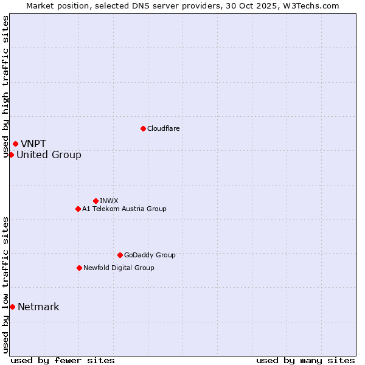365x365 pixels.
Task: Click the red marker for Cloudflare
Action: pos(143,128)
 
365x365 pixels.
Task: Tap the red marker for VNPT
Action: pos(15,144)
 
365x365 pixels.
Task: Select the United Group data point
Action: pos(11,155)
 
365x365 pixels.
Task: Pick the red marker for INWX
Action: pos(96,201)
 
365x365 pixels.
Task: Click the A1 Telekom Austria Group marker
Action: pos(78,209)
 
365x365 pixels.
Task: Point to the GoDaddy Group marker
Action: pos(120,255)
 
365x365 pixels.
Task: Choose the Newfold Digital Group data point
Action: pos(79,268)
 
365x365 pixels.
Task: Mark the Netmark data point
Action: pos(12,307)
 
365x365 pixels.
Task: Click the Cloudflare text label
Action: pos(163,128)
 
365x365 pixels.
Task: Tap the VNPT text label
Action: pos(33,144)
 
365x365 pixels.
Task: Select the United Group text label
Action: pos(49,155)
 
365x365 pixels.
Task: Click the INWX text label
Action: pos(109,201)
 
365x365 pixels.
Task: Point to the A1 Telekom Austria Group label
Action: pos(124,209)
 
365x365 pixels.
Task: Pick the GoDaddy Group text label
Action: pos(150,255)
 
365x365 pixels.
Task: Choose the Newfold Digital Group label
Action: pos(119,268)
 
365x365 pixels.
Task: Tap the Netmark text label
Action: pos(38,307)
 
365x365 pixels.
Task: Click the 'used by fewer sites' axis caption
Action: pos(63,360)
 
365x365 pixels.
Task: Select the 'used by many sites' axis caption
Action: pos(305,360)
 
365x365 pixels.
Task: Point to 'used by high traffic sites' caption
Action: pos(5,86)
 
